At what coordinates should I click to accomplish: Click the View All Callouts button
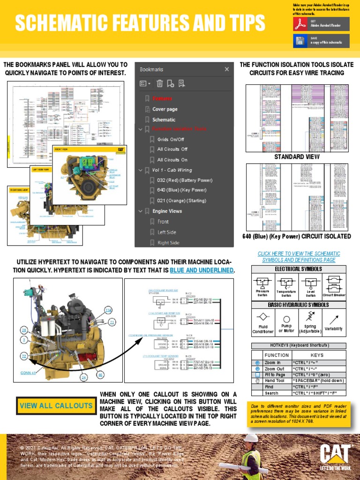[56, 405]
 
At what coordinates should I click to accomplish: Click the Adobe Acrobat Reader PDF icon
[300, 24]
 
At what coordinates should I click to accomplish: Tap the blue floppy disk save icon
[300, 41]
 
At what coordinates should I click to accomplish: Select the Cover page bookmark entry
[165, 109]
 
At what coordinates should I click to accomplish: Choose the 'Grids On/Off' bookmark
[171, 139]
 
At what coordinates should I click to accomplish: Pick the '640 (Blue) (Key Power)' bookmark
[181, 190]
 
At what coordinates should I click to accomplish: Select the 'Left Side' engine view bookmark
[167, 232]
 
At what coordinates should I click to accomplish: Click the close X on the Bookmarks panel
[227, 69]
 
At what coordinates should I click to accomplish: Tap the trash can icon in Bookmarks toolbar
[160, 84]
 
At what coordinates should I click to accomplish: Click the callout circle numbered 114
[109, 310]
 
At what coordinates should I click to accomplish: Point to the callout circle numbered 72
[23, 357]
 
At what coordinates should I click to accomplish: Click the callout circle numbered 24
[84, 377]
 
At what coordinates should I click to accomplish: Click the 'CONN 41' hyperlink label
[28, 373]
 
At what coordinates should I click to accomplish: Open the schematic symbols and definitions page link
[299, 256]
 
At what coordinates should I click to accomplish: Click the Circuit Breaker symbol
[334, 284]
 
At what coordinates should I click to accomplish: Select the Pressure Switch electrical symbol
[262, 283]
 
